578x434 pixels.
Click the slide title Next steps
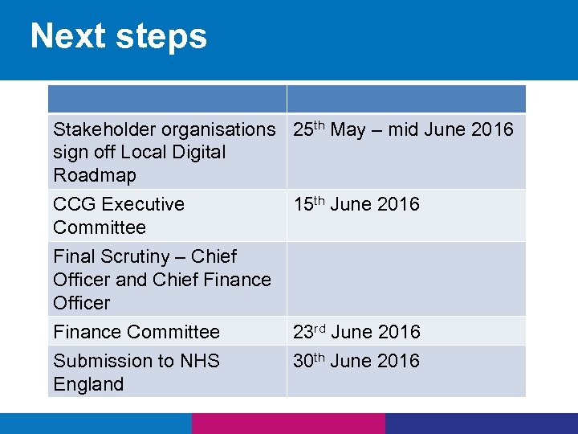click(x=119, y=36)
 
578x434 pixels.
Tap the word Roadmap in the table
click(x=95, y=175)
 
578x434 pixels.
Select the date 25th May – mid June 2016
click(x=403, y=129)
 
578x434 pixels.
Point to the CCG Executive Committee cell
click(x=119, y=215)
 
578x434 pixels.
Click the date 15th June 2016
click(x=356, y=204)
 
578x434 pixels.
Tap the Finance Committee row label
click(x=136, y=331)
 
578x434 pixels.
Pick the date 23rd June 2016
click(x=356, y=331)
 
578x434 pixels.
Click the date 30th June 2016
click(x=356, y=361)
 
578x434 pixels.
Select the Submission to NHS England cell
click(x=136, y=372)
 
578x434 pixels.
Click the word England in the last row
click(x=88, y=384)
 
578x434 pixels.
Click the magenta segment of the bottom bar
click(x=289, y=424)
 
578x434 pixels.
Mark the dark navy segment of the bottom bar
click(x=482, y=424)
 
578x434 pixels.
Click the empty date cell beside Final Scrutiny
click(x=405, y=279)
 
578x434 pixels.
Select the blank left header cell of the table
click(x=167, y=99)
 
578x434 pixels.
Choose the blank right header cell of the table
click(x=405, y=99)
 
